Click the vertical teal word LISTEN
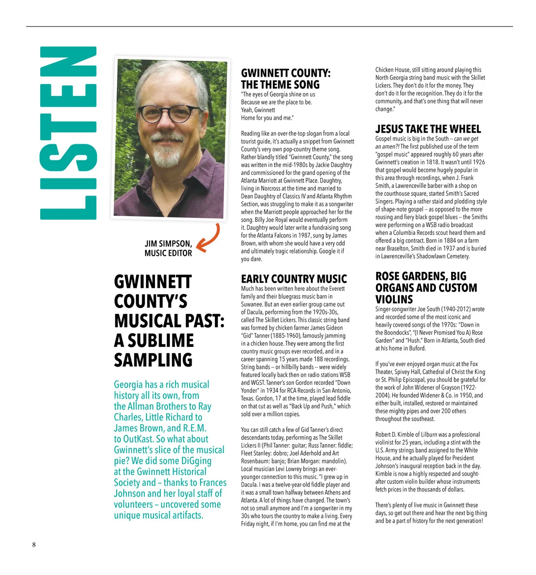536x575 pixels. tap(68, 133)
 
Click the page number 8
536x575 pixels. tap(33, 544)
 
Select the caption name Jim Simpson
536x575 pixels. tap(168, 244)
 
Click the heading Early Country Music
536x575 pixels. tap(293, 279)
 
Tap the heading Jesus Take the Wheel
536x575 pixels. tap(428, 129)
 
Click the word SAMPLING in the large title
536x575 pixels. tap(153, 360)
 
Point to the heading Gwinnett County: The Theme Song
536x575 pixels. tap(285, 79)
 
